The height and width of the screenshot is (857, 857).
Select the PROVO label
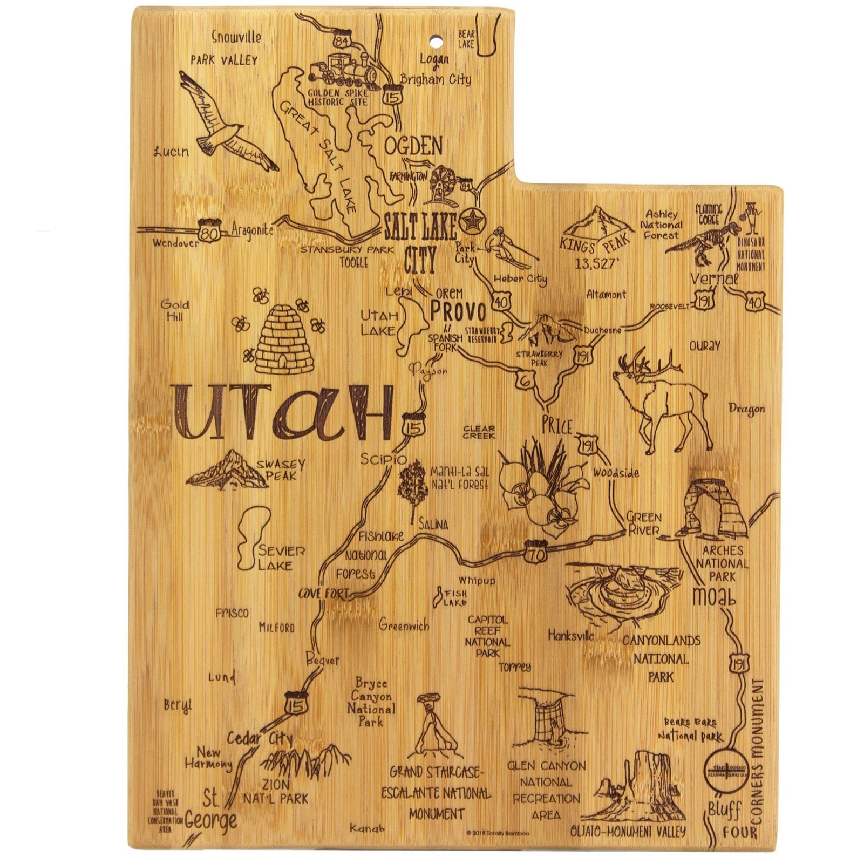pos(458,311)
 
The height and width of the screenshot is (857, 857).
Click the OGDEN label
pos(413,146)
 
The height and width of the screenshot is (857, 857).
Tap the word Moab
pos(714,597)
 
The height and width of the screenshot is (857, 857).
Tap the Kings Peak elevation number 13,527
pos(595,264)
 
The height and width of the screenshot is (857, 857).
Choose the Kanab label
pos(368,828)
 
